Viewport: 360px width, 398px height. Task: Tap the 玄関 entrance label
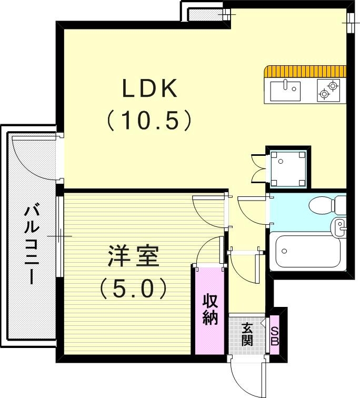(247, 334)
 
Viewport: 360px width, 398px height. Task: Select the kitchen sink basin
(285, 91)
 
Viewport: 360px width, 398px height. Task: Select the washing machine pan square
(287, 168)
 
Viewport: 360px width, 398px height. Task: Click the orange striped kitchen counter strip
(306, 71)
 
